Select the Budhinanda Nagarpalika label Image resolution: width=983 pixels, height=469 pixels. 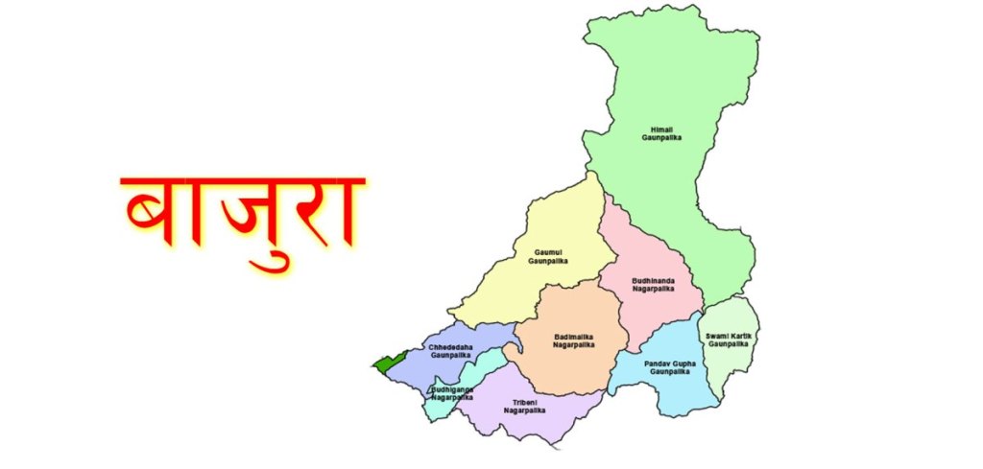point(653,284)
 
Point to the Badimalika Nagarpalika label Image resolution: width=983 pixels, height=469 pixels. point(575,340)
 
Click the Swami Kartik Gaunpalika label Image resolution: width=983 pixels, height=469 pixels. point(729,340)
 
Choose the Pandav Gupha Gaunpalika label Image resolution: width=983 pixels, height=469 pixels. point(667,367)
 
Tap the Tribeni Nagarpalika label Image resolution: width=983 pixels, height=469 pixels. point(524,406)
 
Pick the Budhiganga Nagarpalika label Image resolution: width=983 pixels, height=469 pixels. point(452,392)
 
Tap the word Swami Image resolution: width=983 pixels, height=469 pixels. point(717,336)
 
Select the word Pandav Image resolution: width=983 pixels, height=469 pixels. point(657,363)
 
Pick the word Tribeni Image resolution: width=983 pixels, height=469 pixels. point(524,402)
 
